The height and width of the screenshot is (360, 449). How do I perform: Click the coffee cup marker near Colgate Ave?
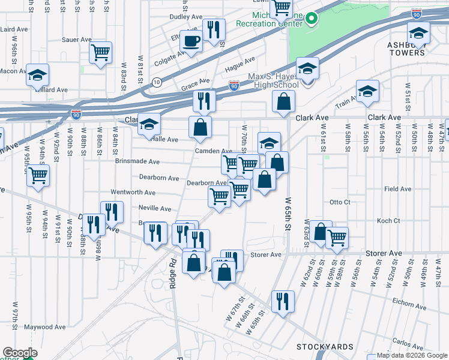point(191,41)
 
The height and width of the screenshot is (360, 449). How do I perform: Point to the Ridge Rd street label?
point(172,273)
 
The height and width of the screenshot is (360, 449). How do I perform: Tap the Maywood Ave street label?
point(45,328)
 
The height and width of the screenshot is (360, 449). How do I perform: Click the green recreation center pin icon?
point(310,19)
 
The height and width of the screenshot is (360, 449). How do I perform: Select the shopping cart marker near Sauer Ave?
point(101,52)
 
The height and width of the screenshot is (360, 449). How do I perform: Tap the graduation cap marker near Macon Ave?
point(37,76)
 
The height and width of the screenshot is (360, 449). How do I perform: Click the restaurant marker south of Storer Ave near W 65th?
point(282,301)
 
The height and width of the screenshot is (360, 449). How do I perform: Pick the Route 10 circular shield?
point(156,82)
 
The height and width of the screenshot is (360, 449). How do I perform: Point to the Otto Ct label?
point(340,202)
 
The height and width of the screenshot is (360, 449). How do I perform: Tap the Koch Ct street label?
point(388,221)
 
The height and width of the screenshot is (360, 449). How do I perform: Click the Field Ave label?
point(397,189)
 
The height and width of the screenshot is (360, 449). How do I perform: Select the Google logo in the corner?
point(20,353)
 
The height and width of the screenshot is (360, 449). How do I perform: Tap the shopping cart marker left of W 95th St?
point(38,176)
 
